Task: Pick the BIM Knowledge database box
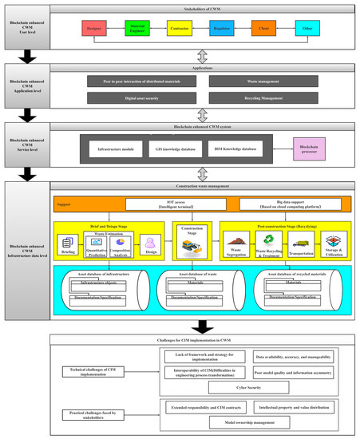[x=239, y=148]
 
